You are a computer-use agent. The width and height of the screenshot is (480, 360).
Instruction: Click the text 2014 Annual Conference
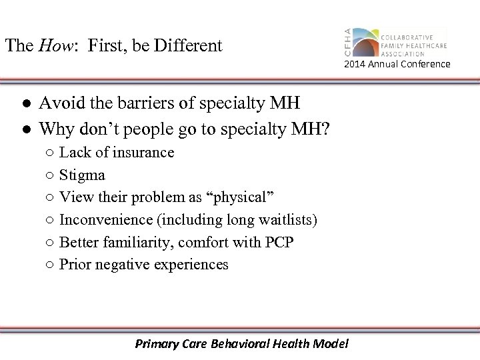click(x=397, y=64)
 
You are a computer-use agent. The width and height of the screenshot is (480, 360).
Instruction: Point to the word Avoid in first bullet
click(x=57, y=103)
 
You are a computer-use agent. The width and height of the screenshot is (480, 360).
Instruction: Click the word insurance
click(x=143, y=153)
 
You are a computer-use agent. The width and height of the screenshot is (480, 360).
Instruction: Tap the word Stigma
click(x=82, y=175)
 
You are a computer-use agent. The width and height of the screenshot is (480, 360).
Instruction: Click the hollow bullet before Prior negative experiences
click(x=51, y=265)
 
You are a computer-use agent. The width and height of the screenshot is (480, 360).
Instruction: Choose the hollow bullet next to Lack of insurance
click(x=51, y=153)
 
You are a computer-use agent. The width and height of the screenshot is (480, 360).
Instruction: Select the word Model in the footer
click(x=331, y=344)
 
